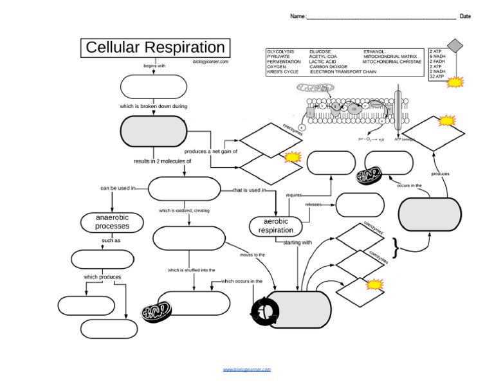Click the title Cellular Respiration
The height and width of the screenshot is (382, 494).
(155, 48)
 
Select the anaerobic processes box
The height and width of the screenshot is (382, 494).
(113, 222)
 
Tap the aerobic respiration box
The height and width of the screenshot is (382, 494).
(275, 226)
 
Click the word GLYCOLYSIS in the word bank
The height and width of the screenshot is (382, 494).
(280, 51)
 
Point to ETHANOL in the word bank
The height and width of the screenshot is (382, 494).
(374, 51)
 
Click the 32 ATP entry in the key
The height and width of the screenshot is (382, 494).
(437, 77)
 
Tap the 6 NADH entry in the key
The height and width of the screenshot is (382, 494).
(438, 56)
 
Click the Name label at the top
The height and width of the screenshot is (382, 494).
(297, 16)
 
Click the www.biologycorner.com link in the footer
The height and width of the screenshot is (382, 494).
(247, 369)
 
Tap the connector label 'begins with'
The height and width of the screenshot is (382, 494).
(154, 65)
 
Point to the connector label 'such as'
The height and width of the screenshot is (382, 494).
(111, 241)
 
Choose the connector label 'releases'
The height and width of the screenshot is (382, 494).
(313, 205)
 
